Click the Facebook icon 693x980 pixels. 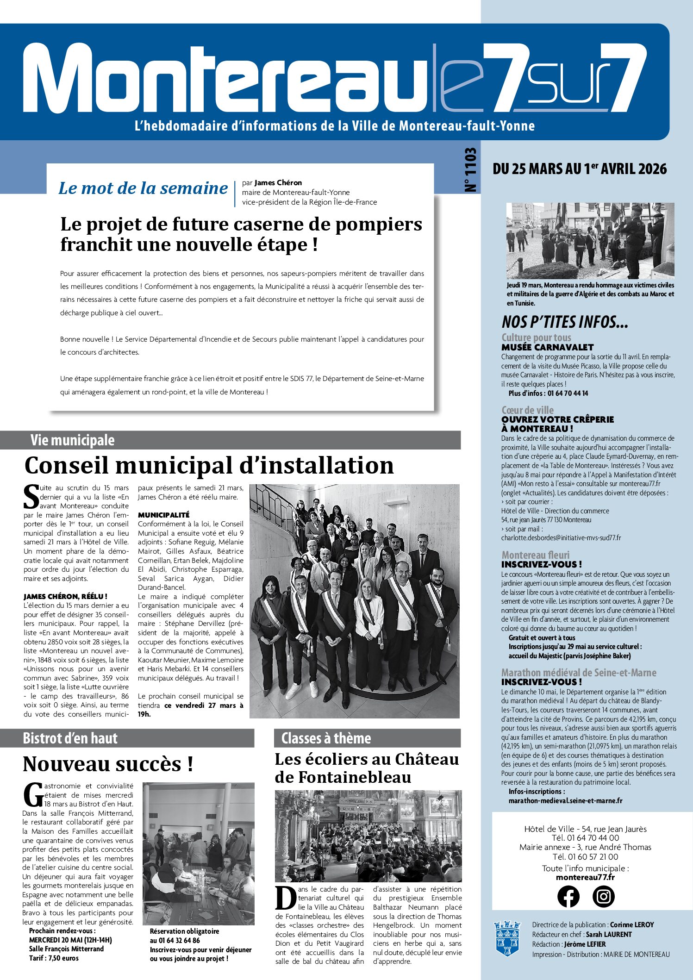pos(568,896)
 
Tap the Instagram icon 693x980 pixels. pos(604,896)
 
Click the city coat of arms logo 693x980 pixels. pos(507,938)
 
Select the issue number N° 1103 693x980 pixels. pos(470,170)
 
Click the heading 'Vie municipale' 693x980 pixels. pos(72,440)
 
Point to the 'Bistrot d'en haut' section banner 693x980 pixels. pos(70,738)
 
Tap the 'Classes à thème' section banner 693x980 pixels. pos(326,738)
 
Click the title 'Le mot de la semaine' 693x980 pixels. pos(143,188)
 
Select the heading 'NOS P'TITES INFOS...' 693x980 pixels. pos(565,322)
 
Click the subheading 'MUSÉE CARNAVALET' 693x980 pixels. pos(547,347)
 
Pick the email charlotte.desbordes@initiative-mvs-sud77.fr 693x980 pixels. pos(561,538)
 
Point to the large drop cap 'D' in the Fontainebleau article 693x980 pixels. pos(286,899)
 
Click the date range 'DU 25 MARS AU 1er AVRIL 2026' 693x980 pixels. pos(580,169)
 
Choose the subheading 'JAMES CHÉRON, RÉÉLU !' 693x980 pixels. pos(65,597)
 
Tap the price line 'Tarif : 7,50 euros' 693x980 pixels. pos(54,958)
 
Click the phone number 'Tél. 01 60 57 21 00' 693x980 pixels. pos(585,856)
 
